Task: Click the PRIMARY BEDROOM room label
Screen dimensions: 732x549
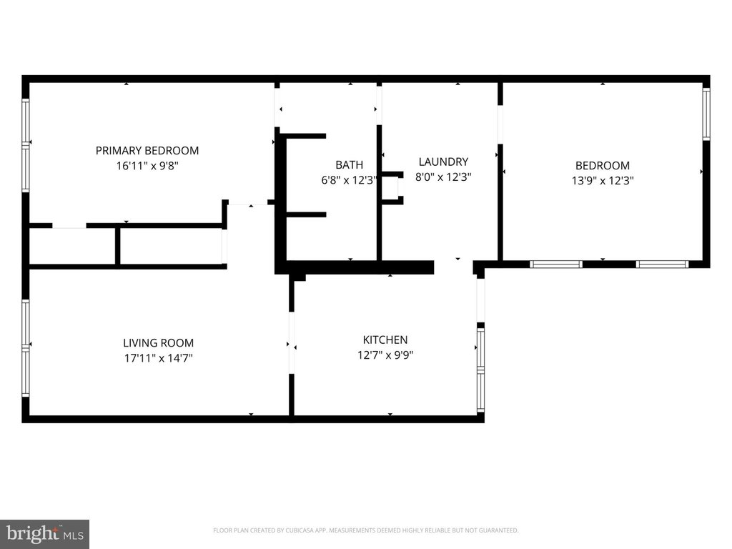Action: tap(147, 150)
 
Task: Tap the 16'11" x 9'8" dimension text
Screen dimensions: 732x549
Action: tap(147, 166)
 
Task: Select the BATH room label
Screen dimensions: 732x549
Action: tap(349, 165)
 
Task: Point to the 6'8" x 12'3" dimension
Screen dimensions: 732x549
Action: tap(349, 180)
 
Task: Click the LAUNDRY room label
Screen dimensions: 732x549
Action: tap(443, 162)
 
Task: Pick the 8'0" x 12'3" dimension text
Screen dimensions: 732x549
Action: tap(443, 177)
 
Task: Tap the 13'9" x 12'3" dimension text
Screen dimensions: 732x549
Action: tap(602, 181)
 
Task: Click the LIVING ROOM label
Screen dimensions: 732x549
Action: tap(158, 342)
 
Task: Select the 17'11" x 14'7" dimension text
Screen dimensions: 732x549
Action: tap(158, 358)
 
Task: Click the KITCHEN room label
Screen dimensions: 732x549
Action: tap(385, 340)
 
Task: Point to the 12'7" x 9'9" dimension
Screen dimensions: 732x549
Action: tap(385, 355)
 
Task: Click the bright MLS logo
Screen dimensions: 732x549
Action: tap(45, 534)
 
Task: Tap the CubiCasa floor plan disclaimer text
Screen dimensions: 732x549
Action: tap(365, 530)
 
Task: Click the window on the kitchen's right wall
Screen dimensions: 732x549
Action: tap(480, 370)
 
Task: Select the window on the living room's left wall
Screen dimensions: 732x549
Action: tap(26, 348)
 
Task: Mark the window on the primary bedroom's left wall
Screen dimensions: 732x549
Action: tap(26, 144)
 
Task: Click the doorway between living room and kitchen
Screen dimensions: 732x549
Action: tap(292, 342)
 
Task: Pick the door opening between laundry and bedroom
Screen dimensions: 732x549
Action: tap(500, 124)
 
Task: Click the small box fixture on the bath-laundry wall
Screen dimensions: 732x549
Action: tap(392, 188)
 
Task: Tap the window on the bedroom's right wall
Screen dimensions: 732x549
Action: tap(706, 114)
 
